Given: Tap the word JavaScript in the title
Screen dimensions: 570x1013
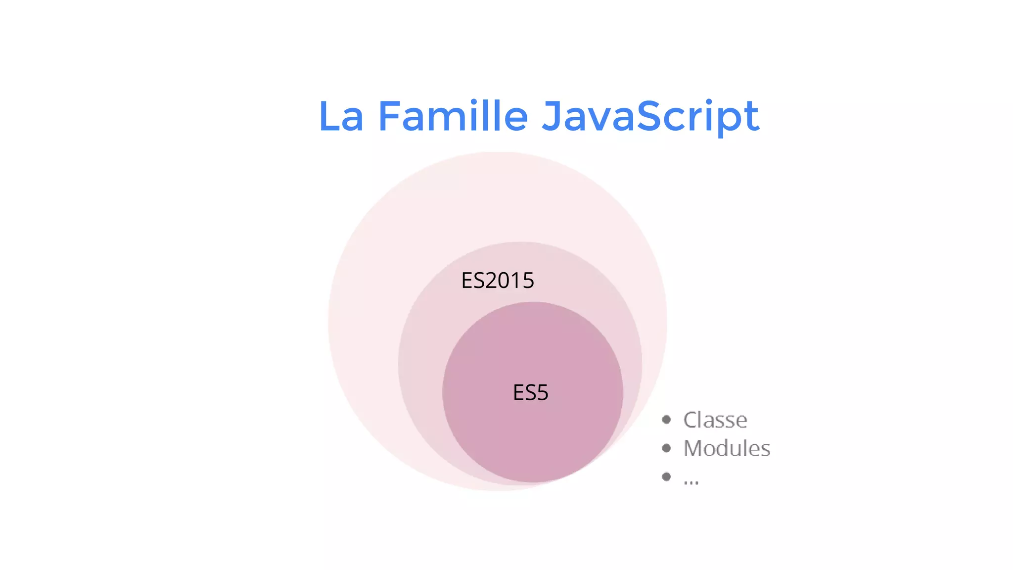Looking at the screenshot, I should tap(650, 117).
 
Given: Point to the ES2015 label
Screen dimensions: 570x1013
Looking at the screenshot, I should tap(498, 281).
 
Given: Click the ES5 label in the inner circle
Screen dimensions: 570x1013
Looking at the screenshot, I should tap(531, 393).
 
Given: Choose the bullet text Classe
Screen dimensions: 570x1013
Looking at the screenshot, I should tap(715, 420).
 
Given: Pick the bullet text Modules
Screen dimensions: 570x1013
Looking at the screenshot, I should tap(727, 448).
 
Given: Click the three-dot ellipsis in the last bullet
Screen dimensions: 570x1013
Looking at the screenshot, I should tap(691, 481).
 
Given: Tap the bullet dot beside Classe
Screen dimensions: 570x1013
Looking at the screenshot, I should tap(667, 420).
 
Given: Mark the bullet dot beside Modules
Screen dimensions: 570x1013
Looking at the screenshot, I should tap(667, 448).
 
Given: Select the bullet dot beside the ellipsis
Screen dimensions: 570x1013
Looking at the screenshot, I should tap(667, 476).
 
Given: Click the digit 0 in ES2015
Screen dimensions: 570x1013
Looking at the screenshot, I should tap(506, 281).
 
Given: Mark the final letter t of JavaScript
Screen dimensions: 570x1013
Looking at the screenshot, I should tap(751, 117).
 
